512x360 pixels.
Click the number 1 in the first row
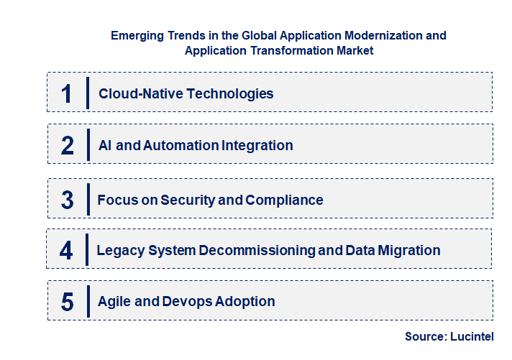[x=67, y=93]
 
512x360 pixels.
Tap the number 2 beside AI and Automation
[x=68, y=145]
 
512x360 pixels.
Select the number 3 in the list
[x=67, y=200]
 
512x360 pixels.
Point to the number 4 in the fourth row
[x=66, y=251]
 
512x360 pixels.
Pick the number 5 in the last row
[x=67, y=302]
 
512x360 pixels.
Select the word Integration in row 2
[x=258, y=145]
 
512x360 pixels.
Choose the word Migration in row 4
[x=409, y=251]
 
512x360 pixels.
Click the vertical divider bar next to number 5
[x=88, y=301]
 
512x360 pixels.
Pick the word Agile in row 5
[x=114, y=302]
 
